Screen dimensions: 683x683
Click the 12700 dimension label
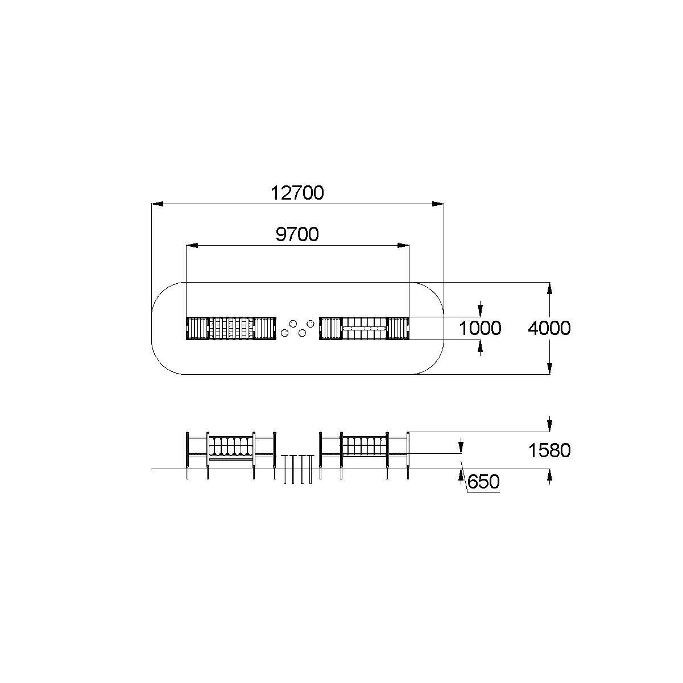click(x=297, y=193)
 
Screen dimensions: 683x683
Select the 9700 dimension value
click(x=297, y=235)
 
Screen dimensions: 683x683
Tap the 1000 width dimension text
click(x=480, y=328)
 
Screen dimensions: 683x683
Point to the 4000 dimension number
click(x=549, y=328)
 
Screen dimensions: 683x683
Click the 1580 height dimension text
click(x=549, y=450)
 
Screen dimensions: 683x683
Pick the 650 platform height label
click(x=483, y=482)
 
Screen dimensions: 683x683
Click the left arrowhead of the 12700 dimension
click(x=158, y=204)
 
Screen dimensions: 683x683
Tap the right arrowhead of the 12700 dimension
click(x=438, y=204)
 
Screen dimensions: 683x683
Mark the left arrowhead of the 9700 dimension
click(x=192, y=245)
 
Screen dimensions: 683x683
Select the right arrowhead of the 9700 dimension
click(x=403, y=245)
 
